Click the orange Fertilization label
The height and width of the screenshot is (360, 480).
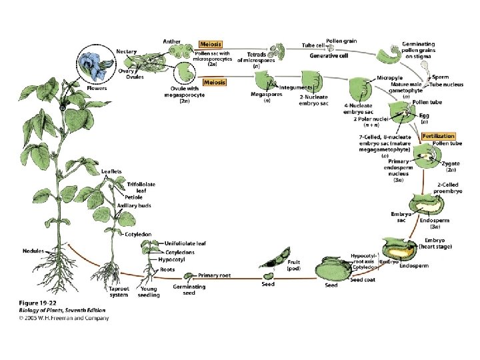tap(439, 136)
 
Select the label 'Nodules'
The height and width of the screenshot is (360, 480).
tap(32, 251)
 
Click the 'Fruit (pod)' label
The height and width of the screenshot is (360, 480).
tap(294, 266)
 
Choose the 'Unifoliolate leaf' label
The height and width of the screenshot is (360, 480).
tap(185, 244)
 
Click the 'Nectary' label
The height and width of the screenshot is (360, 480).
tap(127, 51)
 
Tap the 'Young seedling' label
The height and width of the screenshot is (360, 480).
tap(149, 292)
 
